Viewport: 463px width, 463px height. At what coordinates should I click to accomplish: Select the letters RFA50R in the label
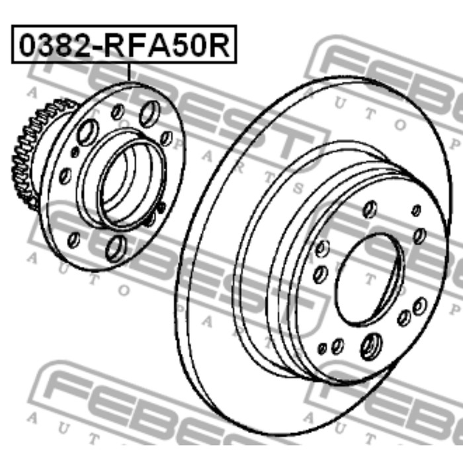click(167, 45)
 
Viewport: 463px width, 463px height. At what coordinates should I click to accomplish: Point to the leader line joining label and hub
click(128, 72)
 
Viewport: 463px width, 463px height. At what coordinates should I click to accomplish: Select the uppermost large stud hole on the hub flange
click(149, 114)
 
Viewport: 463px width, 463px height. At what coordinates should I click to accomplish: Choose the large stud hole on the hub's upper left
click(88, 132)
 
